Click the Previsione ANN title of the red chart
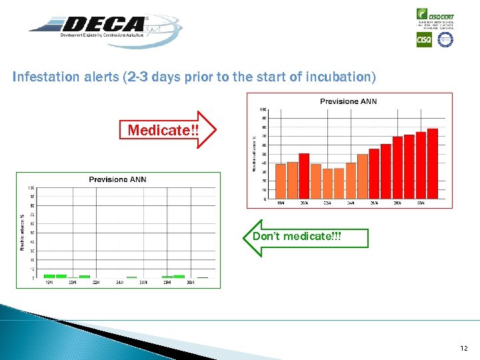(x=348, y=101)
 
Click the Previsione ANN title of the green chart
(x=117, y=179)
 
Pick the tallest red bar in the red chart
(x=432, y=163)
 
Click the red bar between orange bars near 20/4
(x=304, y=176)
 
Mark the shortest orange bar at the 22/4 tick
(x=327, y=183)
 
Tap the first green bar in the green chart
(x=49, y=276)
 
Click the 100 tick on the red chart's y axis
(x=263, y=109)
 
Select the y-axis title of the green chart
(x=22, y=233)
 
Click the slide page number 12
(x=464, y=348)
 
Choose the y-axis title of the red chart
(x=253, y=154)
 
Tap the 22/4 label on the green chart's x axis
(x=97, y=283)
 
